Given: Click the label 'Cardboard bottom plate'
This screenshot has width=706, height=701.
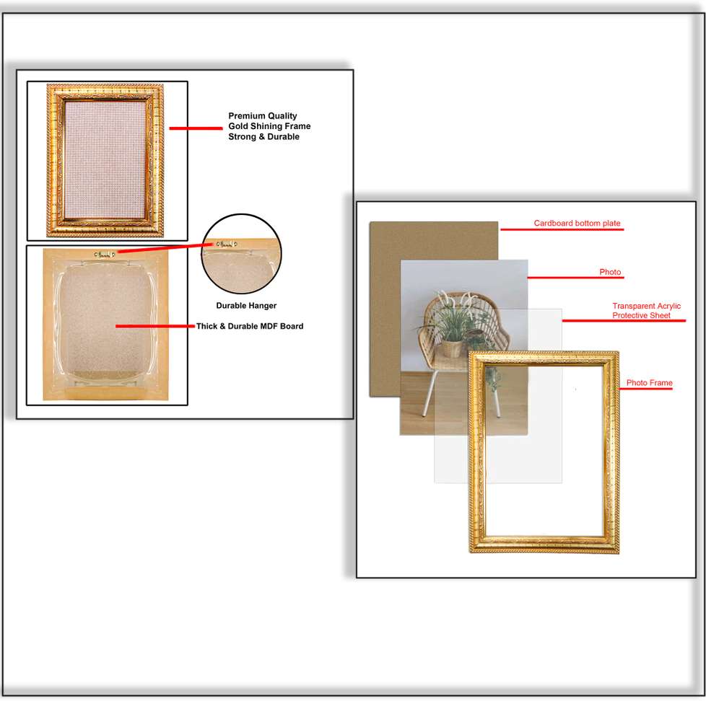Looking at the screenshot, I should pos(577,224).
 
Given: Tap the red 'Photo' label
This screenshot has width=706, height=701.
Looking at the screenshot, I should pos(610,273).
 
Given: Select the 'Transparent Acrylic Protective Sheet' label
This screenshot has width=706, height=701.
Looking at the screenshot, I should pos(646,311).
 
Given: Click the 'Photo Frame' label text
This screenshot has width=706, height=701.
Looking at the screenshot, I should pos(649,383).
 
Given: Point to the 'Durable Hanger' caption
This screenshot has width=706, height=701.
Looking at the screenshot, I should pos(246,306).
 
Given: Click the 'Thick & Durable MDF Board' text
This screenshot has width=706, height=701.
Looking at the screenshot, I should pos(250,326).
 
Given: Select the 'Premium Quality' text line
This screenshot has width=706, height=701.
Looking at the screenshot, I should pos(263,116).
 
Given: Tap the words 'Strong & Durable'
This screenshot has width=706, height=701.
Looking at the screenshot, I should pos(263,137).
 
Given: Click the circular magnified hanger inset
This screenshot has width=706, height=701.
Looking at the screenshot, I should pos(241,254).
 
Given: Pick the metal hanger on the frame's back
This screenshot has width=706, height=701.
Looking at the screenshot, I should pos(105,254).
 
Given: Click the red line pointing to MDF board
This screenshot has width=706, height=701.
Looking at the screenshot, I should pos(154,326).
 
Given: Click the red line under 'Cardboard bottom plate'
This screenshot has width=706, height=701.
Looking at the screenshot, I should pos(561,230).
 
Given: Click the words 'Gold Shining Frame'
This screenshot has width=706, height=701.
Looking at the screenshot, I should pos(269,126).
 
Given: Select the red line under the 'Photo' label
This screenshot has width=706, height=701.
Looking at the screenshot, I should pos(575,277).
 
